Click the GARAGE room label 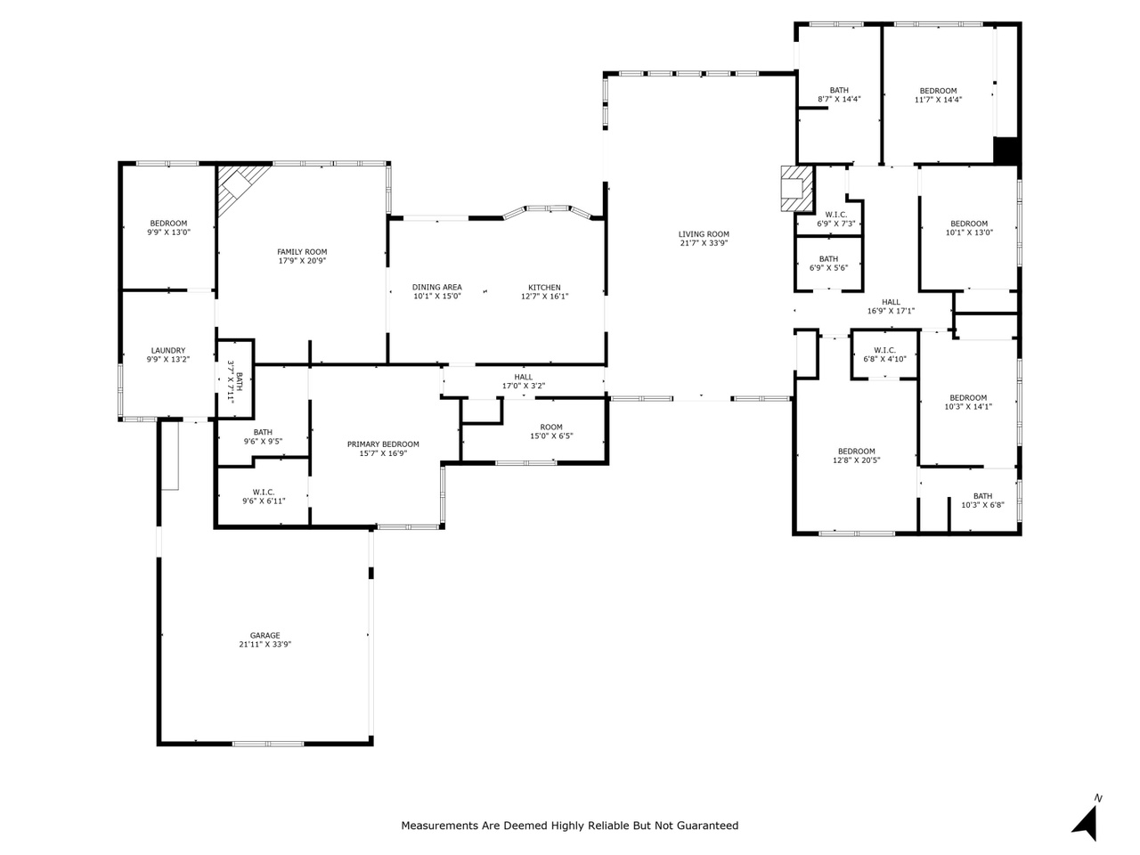point(265,635)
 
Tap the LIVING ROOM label point(704,234)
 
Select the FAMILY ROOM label point(302,252)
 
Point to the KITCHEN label point(544,288)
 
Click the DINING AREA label point(436,287)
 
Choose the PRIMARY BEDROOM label point(383,444)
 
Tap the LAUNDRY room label point(167,350)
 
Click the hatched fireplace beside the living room point(796,189)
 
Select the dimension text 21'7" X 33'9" point(704,243)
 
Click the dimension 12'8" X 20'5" point(856,460)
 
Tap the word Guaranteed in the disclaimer point(707,826)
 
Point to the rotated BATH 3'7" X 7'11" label point(235,381)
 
